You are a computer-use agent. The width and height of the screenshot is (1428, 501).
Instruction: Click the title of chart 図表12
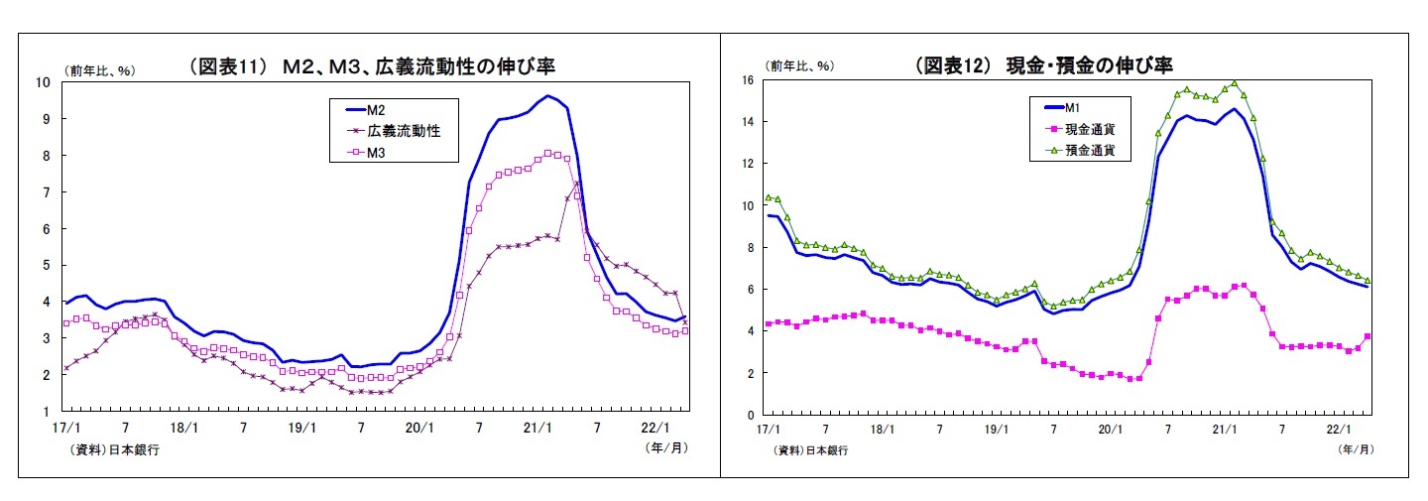click(x=1043, y=65)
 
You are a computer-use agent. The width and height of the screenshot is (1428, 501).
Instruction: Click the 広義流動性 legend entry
click(x=398, y=131)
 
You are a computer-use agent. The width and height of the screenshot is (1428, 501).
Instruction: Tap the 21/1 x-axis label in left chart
click(x=537, y=428)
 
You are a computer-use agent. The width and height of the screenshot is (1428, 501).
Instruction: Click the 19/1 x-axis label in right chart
click(x=996, y=431)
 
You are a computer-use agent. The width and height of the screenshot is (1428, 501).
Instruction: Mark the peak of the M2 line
click(x=547, y=96)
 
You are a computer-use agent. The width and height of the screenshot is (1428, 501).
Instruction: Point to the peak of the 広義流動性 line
click(x=577, y=184)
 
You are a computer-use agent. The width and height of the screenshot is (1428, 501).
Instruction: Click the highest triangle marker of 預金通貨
click(x=1234, y=84)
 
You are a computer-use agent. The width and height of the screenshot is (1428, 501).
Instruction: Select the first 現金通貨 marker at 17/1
click(x=769, y=324)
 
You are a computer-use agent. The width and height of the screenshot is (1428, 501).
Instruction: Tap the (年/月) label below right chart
click(x=1355, y=449)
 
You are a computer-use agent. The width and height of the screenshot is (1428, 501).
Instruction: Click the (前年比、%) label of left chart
click(x=100, y=69)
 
